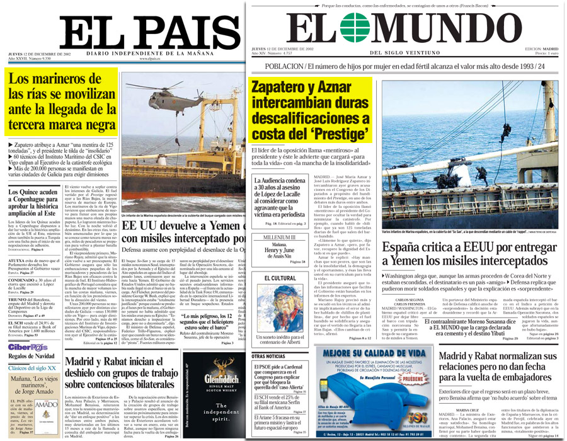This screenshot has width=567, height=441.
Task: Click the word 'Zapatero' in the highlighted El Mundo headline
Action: tap(283, 89)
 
